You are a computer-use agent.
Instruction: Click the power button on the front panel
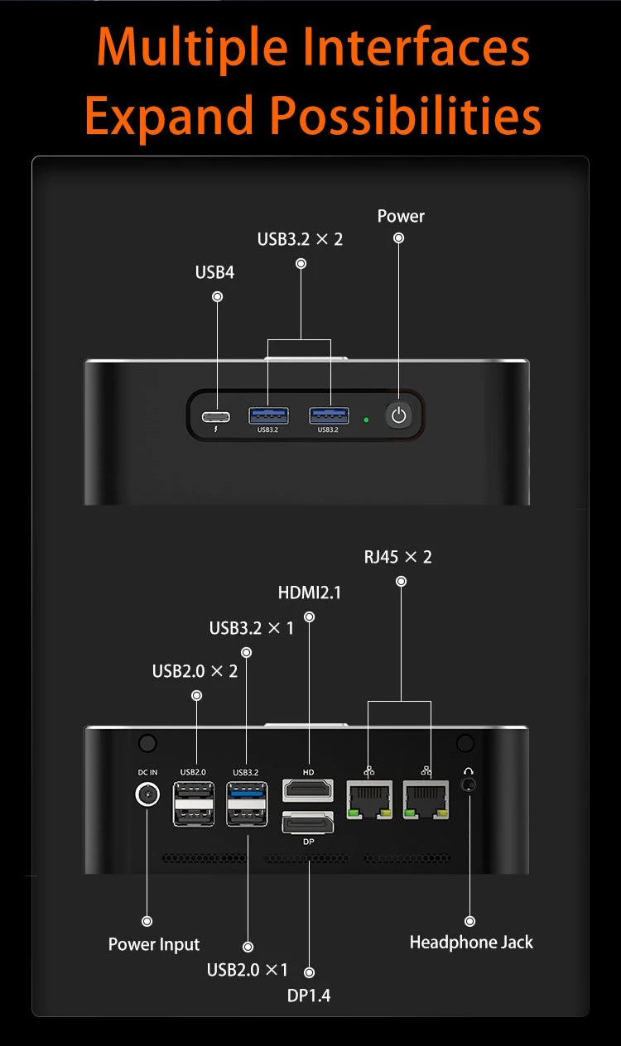coord(398,415)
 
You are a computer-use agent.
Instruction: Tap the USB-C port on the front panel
coord(216,416)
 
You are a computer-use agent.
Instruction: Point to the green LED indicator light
coord(366,420)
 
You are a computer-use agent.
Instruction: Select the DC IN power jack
coord(147,794)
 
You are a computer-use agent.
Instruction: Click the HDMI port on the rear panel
coord(308,790)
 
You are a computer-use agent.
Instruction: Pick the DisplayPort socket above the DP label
coord(308,823)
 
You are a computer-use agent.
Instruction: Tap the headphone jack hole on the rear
coord(469,785)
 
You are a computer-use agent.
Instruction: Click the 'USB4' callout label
coord(214,271)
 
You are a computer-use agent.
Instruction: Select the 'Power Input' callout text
coord(154,944)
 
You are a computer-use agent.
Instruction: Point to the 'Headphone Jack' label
coord(471,942)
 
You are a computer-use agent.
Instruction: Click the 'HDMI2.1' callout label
coord(310,593)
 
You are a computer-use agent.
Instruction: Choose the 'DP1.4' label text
coord(308,995)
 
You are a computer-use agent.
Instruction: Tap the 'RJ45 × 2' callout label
coord(397,557)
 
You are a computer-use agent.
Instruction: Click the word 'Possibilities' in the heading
coord(406,116)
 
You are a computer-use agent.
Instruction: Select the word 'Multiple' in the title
coord(193,48)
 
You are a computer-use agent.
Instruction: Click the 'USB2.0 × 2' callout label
coord(195,671)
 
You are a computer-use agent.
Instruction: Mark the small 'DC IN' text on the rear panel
coord(147,772)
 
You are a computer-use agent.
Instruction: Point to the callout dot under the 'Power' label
coord(398,238)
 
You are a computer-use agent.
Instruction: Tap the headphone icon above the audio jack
coord(469,771)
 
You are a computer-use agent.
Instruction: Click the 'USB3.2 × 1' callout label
coord(252,628)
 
